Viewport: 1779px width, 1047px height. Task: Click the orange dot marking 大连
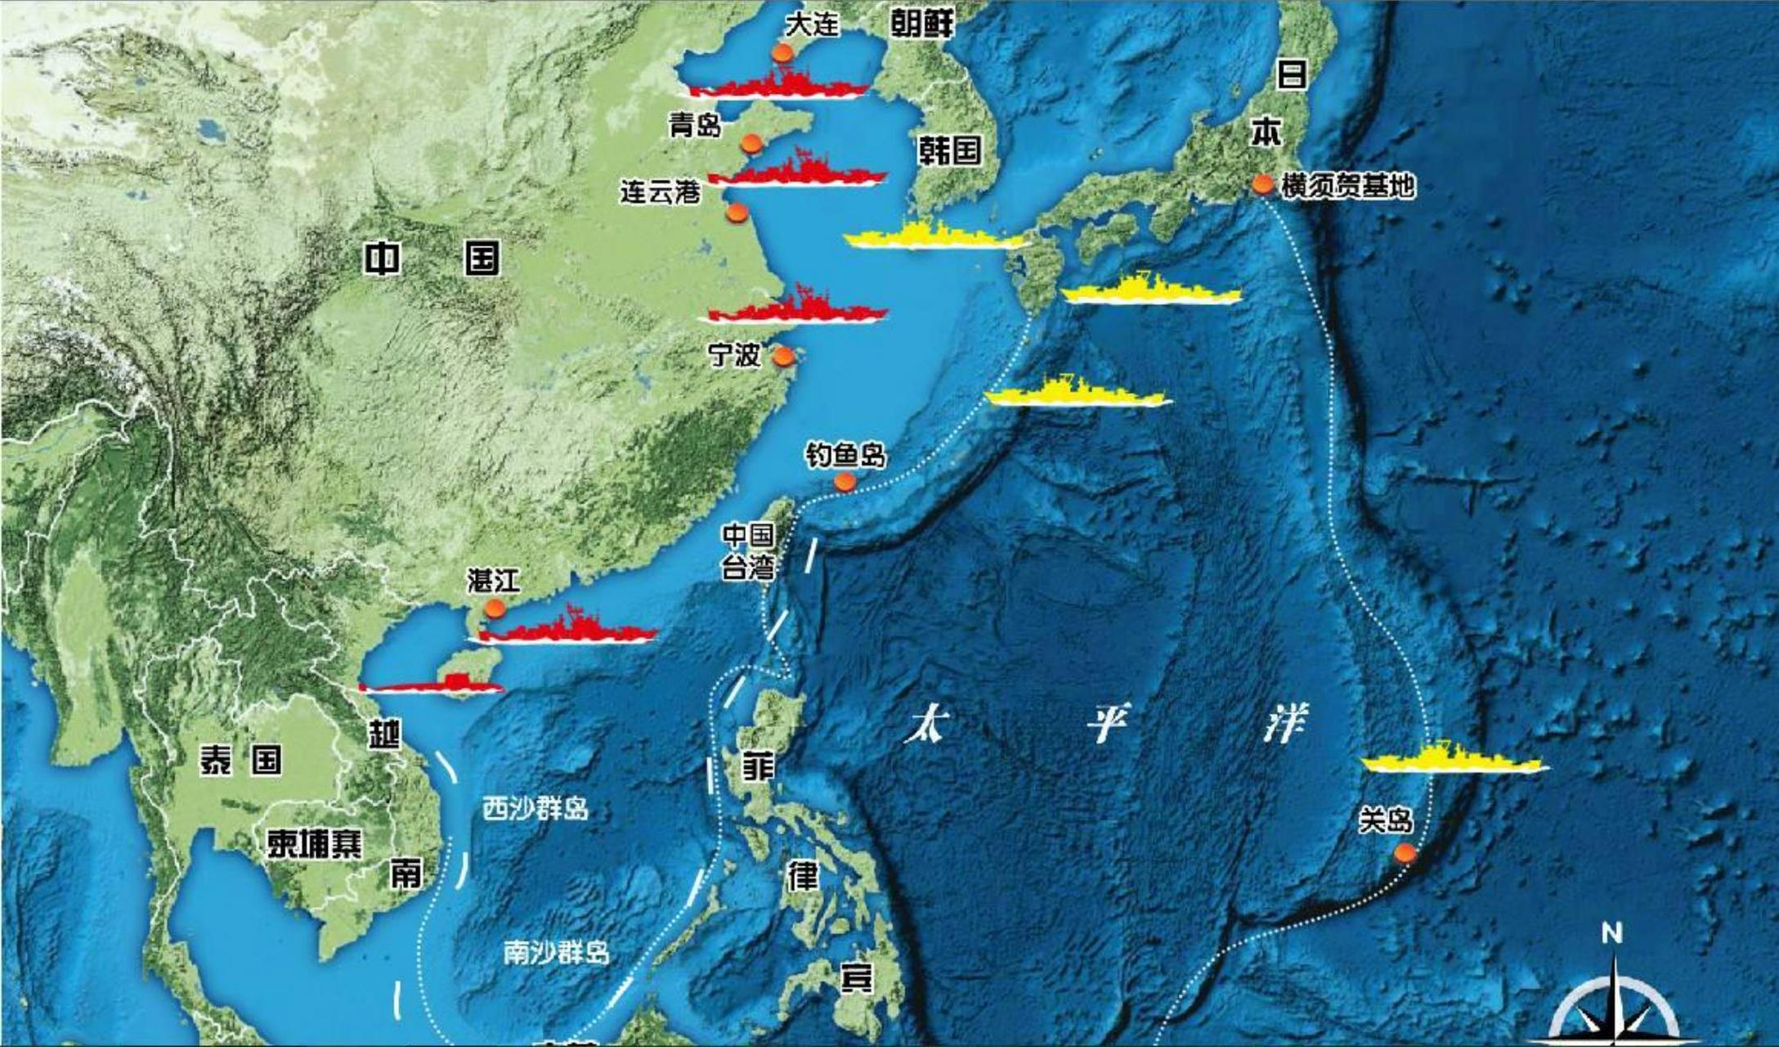782,55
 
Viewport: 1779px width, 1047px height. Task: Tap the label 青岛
695,125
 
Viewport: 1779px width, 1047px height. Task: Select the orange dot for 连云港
737,213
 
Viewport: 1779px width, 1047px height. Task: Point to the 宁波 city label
734,355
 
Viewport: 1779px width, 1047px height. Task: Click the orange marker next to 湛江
494,609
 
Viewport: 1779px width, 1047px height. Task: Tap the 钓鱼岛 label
845,455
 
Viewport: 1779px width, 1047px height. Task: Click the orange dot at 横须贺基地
1262,185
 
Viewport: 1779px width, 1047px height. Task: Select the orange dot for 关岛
1405,853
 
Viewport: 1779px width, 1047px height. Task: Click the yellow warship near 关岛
1454,759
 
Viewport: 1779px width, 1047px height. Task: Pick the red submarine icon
433,685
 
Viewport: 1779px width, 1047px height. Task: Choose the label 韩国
949,151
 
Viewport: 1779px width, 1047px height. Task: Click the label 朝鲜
921,24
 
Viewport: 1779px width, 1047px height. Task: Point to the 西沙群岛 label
535,809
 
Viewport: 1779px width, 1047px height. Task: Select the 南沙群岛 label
556,952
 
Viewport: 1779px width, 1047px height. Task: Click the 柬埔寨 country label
315,843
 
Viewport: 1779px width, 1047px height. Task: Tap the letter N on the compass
1611,933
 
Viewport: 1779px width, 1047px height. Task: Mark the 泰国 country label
240,760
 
